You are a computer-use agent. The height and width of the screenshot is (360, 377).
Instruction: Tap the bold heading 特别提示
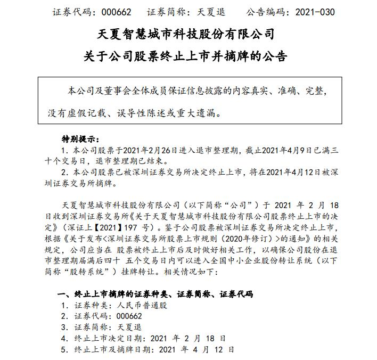point(80,138)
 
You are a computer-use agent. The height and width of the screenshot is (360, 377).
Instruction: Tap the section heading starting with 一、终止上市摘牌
point(154,294)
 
